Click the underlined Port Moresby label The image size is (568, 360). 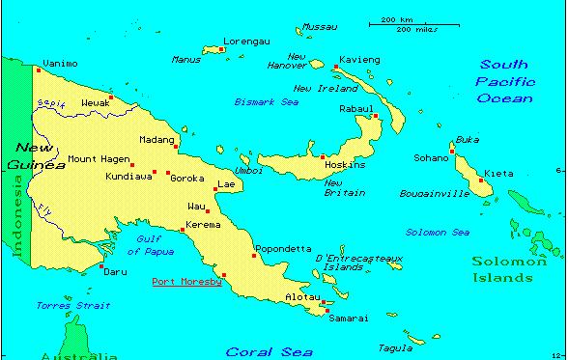[186, 282]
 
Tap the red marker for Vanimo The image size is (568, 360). [39, 70]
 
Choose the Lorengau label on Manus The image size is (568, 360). [244, 41]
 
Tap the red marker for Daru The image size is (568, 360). [102, 263]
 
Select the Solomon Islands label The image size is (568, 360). [502, 269]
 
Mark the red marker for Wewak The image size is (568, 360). [111, 97]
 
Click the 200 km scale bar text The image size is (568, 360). [396, 19]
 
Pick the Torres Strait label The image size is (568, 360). [61, 305]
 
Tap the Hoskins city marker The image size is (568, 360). [323, 156]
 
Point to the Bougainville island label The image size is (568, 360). [434, 194]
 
